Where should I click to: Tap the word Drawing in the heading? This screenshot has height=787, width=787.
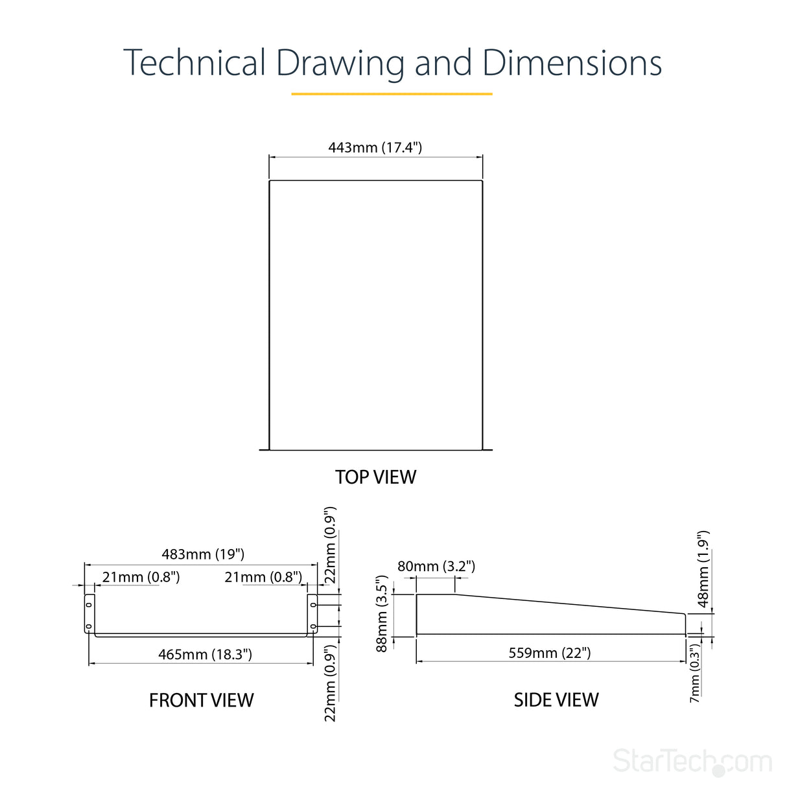click(340, 65)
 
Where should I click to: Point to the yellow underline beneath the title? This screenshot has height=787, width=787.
click(392, 94)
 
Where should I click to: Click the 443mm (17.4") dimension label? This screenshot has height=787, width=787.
click(375, 147)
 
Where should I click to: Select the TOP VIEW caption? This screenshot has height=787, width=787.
click(376, 477)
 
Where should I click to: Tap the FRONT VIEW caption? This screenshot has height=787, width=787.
click(202, 700)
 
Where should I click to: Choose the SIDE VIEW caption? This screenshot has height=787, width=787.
click(556, 699)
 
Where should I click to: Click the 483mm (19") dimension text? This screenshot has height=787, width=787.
click(203, 554)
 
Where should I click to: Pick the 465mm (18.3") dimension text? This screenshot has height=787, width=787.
click(205, 654)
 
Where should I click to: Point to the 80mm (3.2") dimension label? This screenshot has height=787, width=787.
click(436, 566)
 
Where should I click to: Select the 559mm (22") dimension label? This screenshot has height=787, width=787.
click(549, 653)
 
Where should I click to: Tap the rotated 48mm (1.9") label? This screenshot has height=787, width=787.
click(703, 569)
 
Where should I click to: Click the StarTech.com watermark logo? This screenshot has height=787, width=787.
click(692, 761)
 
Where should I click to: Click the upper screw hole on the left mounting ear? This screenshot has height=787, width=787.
click(89, 604)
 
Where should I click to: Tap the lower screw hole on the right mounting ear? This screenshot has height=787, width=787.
click(313, 626)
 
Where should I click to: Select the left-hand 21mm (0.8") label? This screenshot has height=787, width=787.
click(141, 577)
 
